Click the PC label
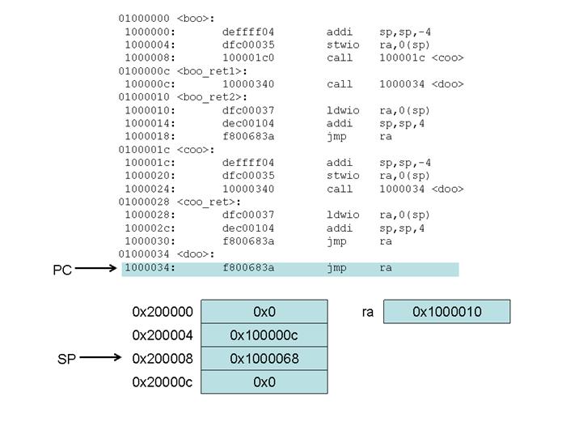(x=62, y=270)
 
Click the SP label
(x=66, y=358)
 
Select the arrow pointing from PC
(x=98, y=270)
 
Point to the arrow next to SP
(x=99, y=357)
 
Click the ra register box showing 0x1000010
(x=447, y=312)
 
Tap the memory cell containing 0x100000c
(x=264, y=335)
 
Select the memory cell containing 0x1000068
(x=264, y=359)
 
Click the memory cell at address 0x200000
(x=264, y=312)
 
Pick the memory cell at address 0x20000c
(x=264, y=382)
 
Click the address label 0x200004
(x=163, y=335)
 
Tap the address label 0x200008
(x=163, y=359)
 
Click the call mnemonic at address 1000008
(x=340, y=58)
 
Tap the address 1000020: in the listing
(x=149, y=176)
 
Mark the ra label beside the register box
(x=368, y=312)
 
